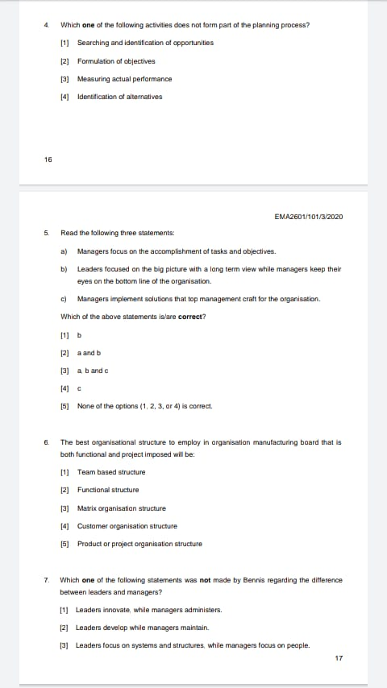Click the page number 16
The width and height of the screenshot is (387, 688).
point(48,160)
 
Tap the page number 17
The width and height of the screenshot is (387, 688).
point(339,658)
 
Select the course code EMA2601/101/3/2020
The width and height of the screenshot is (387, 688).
point(309,216)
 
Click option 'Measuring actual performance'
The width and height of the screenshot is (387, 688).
point(124,79)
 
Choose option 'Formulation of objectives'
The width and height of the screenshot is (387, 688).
point(116,61)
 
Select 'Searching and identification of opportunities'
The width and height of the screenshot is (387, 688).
point(145,43)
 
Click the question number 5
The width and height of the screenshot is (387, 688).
point(47,233)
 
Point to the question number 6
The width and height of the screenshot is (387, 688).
point(47,442)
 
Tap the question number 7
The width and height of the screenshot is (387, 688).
point(47,579)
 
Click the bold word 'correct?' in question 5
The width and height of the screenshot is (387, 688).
point(191,317)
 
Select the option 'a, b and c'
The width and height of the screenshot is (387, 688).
point(93,371)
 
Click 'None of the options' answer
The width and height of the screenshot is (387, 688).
point(144,406)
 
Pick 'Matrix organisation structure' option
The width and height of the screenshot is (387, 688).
point(121,508)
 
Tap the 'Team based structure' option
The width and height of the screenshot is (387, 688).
point(111,472)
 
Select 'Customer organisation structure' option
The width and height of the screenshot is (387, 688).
point(127,526)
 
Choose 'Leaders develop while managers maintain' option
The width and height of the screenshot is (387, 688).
point(142,627)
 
